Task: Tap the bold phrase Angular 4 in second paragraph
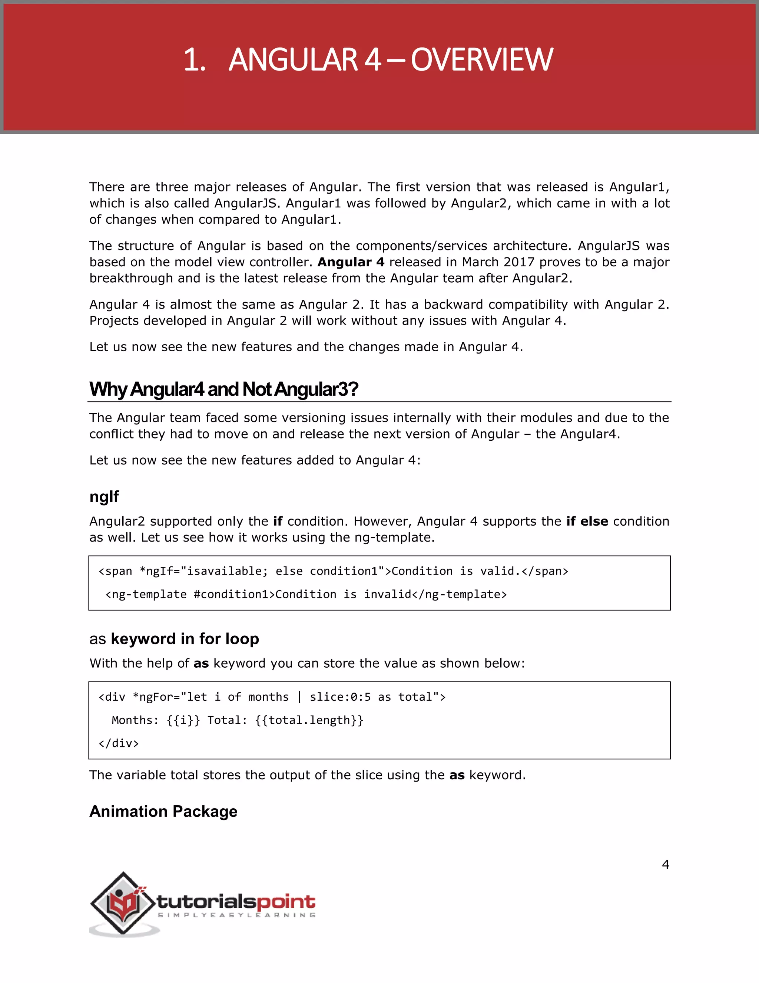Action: [x=351, y=262]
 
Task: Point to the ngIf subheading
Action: [x=104, y=496]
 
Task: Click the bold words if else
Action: [x=587, y=521]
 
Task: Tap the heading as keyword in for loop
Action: [x=174, y=639]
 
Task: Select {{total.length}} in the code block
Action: [x=309, y=720]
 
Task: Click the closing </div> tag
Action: [x=119, y=743]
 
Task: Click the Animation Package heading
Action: [x=163, y=812]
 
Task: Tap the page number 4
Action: [x=666, y=865]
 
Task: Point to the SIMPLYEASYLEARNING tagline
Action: [x=236, y=915]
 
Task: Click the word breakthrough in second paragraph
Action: [x=131, y=278]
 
